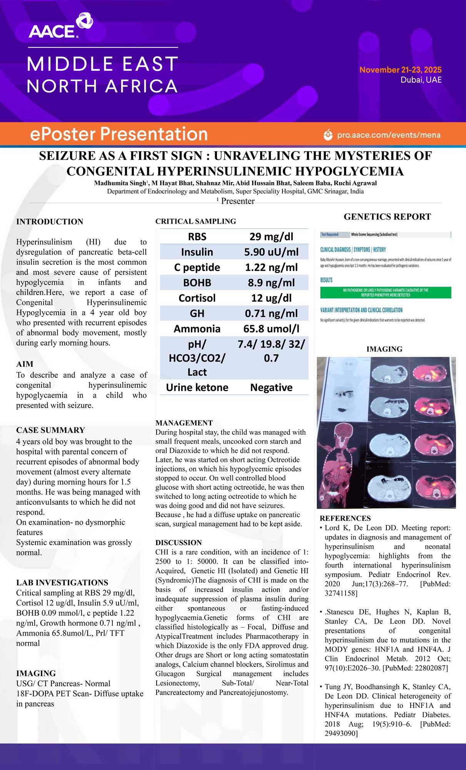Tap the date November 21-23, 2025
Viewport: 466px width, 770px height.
click(x=400, y=70)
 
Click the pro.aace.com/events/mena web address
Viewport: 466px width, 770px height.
click(x=388, y=135)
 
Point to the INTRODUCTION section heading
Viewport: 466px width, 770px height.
click(x=50, y=222)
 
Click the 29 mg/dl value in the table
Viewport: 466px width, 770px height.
click(x=271, y=236)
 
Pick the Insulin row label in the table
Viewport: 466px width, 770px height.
click(x=197, y=252)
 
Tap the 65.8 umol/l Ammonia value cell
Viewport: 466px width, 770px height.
click(x=271, y=329)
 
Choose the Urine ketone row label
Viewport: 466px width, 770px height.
click(x=197, y=387)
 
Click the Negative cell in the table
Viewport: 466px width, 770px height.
click(x=271, y=387)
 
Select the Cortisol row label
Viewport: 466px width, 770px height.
click(x=197, y=298)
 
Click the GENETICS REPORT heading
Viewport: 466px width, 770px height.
click(x=387, y=217)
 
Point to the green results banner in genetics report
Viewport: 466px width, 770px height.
click(x=386, y=293)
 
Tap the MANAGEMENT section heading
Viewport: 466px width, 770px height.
click(x=184, y=423)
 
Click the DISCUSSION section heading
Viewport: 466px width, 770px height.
click(x=179, y=542)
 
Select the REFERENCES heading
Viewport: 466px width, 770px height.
click(x=345, y=518)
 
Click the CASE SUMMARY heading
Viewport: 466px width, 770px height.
click(x=50, y=430)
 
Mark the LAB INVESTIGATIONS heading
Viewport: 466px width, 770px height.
click(x=62, y=583)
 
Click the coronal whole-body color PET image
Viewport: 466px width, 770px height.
click(x=341, y=465)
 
